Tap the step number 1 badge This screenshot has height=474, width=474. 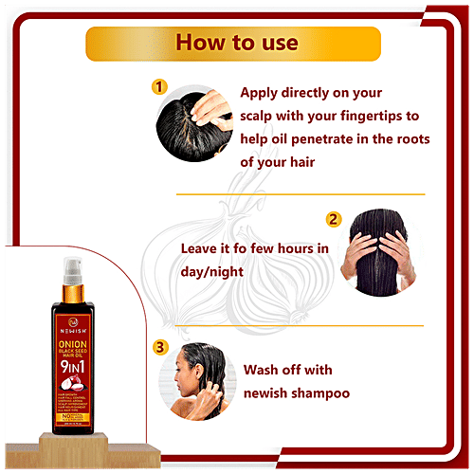click(160, 87)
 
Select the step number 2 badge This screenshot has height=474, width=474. click(333, 220)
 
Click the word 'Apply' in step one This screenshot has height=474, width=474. click(262, 93)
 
